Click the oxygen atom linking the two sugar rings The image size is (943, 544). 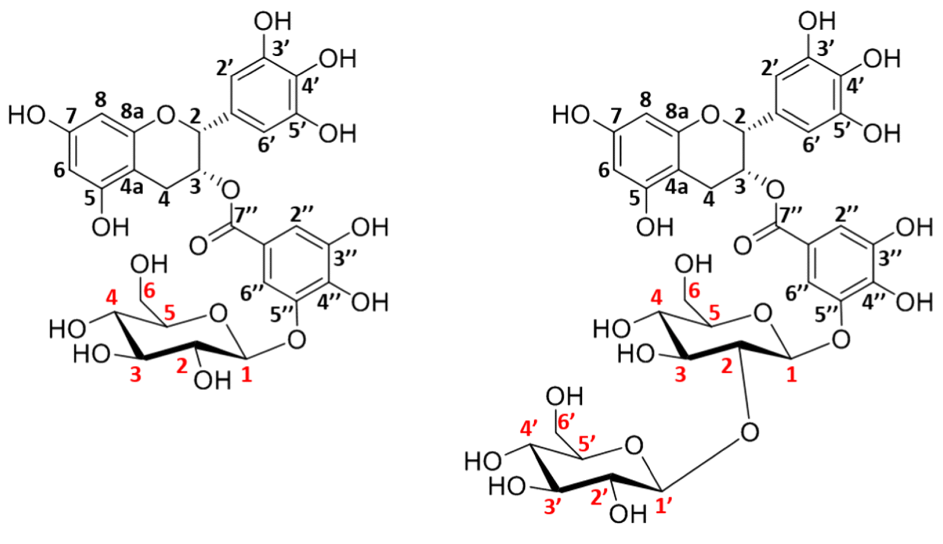pyautogui.click(x=749, y=432)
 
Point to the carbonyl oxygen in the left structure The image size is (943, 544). pyautogui.click(x=198, y=246)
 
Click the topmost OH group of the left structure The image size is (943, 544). pyautogui.click(x=273, y=21)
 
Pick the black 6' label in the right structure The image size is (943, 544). pyautogui.click(x=809, y=145)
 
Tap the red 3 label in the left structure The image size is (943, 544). pyautogui.click(x=135, y=374)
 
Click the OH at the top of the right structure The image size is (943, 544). pyautogui.click(x=817, y=21)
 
